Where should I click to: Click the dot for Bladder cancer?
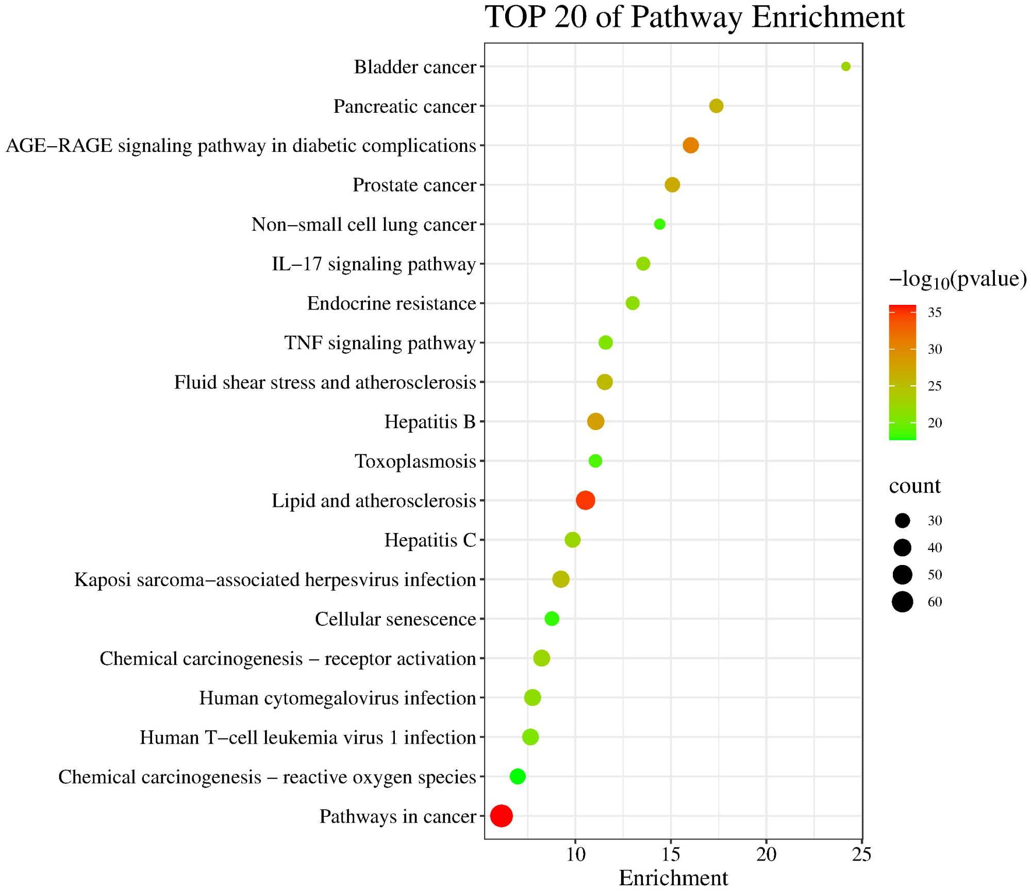845,66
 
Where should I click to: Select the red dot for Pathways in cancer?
501,816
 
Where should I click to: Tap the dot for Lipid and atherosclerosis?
585,500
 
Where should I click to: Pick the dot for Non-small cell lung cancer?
659,224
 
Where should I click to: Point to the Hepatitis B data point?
595,422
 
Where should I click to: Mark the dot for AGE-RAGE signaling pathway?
691,145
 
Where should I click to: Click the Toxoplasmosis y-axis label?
415,461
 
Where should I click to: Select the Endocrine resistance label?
391,304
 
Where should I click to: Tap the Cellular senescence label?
395,619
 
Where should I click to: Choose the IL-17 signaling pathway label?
374,264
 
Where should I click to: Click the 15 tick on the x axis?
671,854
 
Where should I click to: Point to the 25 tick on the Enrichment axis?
861,854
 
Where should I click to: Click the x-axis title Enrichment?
673,878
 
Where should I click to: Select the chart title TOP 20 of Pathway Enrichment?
694,18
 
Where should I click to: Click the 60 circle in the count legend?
902,602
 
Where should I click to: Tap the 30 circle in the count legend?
902,521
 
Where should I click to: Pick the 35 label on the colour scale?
935,313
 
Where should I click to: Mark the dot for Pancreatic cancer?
716,106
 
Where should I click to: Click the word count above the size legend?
914,486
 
